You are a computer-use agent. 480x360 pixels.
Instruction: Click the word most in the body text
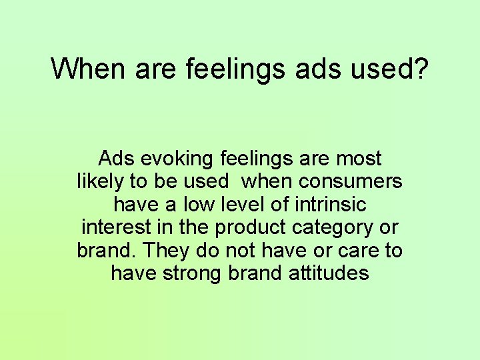(x=359, y=159)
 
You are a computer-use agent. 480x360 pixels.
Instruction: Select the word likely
(x=97, y=181)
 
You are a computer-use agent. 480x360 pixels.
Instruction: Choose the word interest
(x=116, y=227)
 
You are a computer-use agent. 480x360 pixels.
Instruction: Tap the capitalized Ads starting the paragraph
(x=113, y=159)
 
